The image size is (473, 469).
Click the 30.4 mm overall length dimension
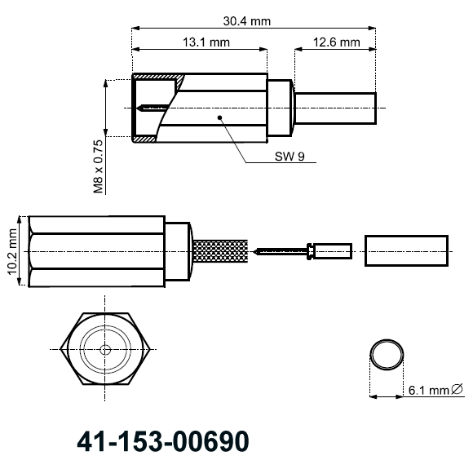(248, 21)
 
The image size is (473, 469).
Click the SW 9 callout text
(290, 158)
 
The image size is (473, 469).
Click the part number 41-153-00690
(161, 440)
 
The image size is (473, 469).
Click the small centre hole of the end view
(105, 349)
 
